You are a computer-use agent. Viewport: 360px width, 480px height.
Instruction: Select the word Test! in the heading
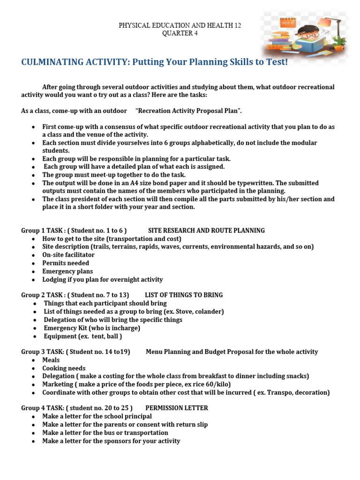(x=276, y=62)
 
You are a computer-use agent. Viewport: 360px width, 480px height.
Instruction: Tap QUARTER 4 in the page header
(x=180, y=33)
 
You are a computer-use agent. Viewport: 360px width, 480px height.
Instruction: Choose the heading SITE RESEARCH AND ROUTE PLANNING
(x=206, y=230)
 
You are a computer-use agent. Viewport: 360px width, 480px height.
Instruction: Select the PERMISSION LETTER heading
(x=177, y=408)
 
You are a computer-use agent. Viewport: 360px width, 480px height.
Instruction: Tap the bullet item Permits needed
(x=66, y=263)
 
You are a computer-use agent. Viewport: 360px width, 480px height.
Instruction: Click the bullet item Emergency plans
(x=67, y=271)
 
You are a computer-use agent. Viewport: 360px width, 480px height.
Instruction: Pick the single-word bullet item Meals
(x=51, y=360)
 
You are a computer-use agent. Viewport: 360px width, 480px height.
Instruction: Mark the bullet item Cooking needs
(x=64, y=368)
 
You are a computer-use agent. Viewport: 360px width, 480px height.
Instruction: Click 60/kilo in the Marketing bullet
(x=217, y=384)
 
